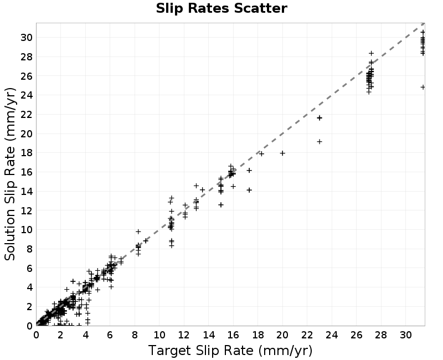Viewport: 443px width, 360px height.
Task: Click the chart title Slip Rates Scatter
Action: pyautogui.click(x=221, y=8)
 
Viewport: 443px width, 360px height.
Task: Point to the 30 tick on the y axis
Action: pyautogui.click(x=27, y=37)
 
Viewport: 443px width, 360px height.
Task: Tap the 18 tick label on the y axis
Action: pyautogui.click(x=27, y=153)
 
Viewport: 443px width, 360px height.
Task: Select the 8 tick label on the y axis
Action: pyautogui.click(x=30, y=249)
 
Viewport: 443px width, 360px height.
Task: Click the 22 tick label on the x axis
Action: pyautogui.click(x=307, y=335)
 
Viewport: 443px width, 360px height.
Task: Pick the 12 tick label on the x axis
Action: pyautogui.click(x=184, y=335)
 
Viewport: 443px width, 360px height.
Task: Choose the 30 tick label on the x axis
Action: pyautogui.click(x=405, y=335)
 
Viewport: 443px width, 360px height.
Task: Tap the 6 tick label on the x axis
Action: pyautogui.click(x=110, y=335)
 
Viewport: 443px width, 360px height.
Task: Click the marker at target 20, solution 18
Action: pyautogui.click(x=282, y=153)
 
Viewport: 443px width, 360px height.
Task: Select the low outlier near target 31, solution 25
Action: pyautogui.click(x=423, y=88)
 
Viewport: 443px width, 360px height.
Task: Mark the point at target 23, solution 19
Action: pyautogui.click(x=320, y=142)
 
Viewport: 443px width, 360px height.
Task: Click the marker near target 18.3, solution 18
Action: pyautogui.click(x=261, y=154)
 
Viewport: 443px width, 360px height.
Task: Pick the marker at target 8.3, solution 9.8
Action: pyautogui.click(x=138, y=232)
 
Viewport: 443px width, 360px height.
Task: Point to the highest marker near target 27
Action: pyautogui.click(x=371, y=53)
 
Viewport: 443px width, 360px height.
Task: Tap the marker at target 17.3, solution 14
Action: pyautogui.click(x=249, y=190)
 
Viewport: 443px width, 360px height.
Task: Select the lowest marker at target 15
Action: pyautogui.click(x=221, y=204)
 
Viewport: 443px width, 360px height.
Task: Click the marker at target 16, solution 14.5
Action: pyautogui.click(x=233, y=186)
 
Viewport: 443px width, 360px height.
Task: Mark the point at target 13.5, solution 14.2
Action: pyautogui.click(x=202, y=189)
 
